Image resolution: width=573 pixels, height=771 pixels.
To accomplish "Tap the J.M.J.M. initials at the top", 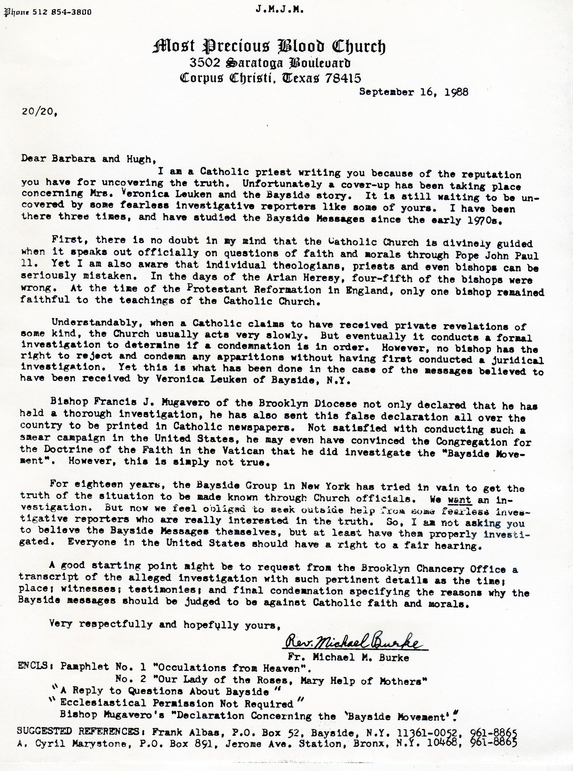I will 280,10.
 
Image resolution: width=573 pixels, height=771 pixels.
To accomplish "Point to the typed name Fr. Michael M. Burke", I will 348,657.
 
